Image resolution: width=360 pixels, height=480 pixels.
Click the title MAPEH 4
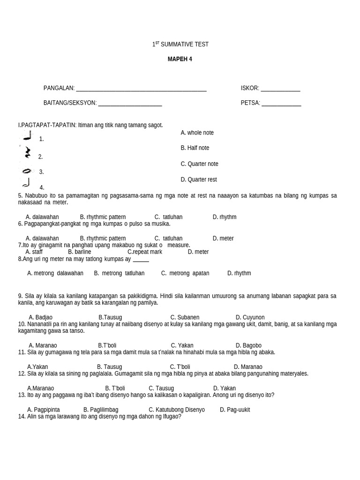(x=180, y=59)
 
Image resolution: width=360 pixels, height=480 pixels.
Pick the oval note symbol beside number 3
(x=27, y=171)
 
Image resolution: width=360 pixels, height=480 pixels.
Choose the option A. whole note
(x=197, y=133)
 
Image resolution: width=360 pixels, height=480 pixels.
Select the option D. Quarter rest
(x=199, y=180)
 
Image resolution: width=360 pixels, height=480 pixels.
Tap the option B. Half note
(x=195, y=148)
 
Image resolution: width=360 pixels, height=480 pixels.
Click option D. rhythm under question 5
(x=225, y=217)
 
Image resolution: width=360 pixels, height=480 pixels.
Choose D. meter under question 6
(x=223, y=238)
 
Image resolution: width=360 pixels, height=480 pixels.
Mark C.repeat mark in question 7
(x=145, y=252)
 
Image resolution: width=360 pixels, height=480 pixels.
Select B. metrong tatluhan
(x=119, y=273)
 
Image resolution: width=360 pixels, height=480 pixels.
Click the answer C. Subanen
(x=185, y=317)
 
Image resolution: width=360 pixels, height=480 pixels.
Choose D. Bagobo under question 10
(x=248, y=345)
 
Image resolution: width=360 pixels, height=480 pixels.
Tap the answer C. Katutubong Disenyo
(x=177, y=410)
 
